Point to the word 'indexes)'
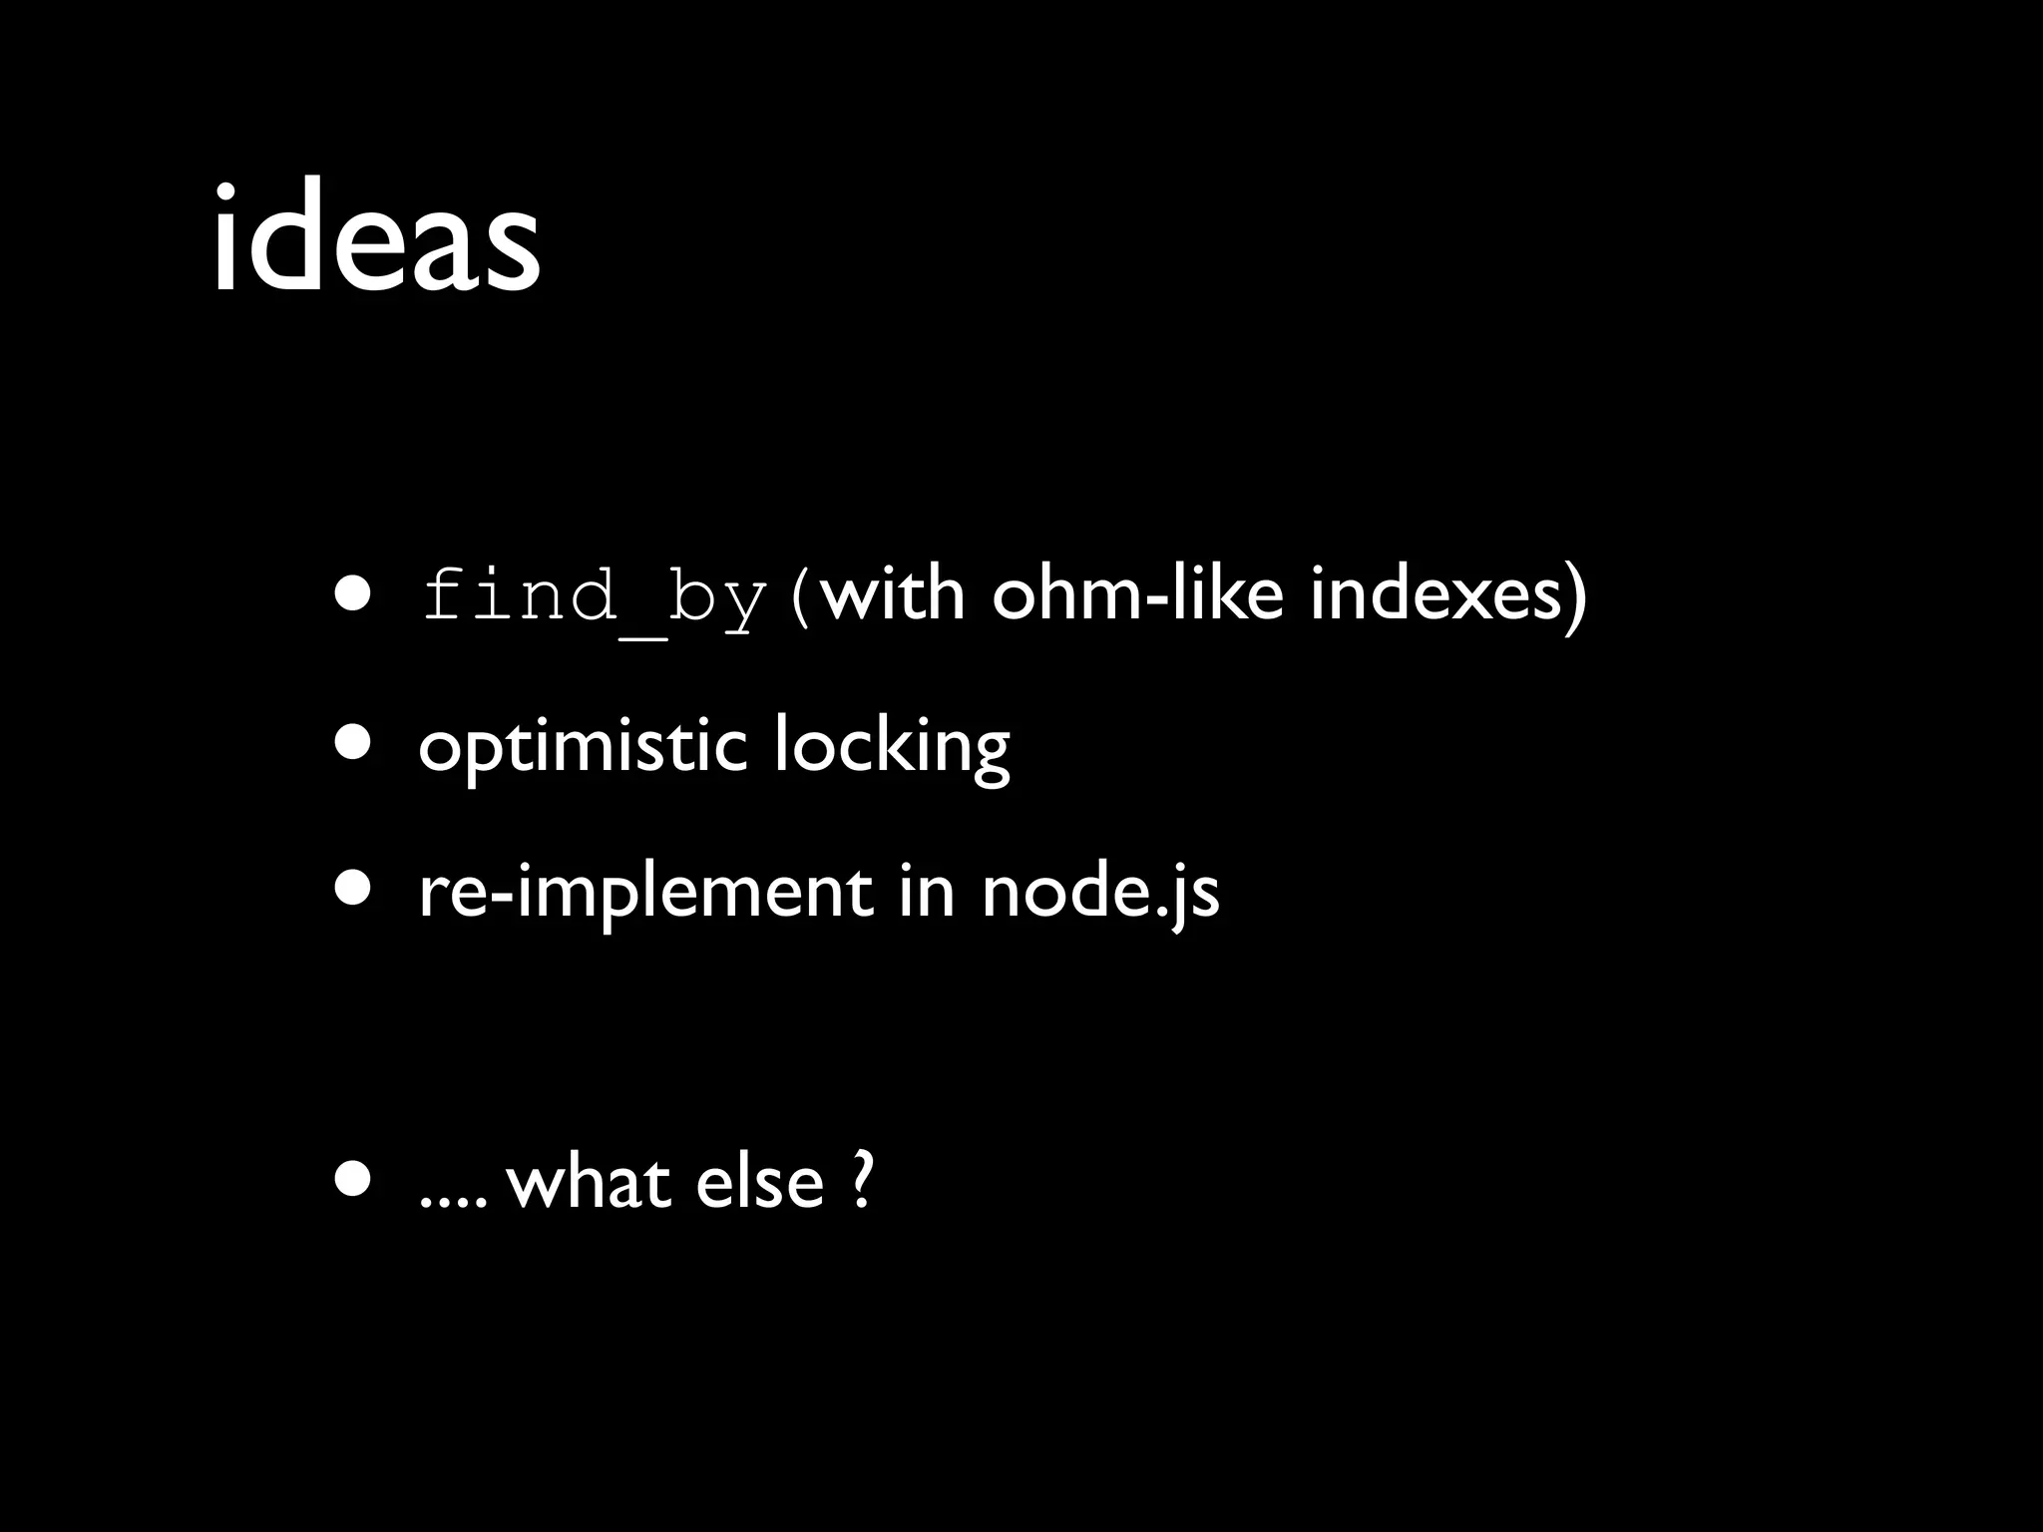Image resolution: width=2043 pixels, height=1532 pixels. [x=1447, y=596]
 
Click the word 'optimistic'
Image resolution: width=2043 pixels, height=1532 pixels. [x=583, y=746]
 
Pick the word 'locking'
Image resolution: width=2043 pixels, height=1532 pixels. [x=892, y=746]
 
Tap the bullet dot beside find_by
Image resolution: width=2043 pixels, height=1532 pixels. [x=354, y=595]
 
